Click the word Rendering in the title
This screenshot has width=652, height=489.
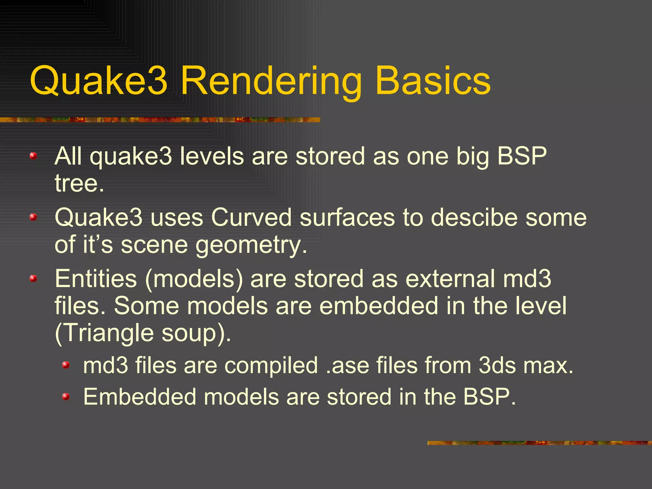(271, 81)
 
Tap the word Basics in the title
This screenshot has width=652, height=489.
(433, 81)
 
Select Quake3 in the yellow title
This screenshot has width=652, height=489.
(98, 81)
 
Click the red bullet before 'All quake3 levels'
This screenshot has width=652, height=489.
(33, 156)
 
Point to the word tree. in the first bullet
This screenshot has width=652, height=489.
(79, 184)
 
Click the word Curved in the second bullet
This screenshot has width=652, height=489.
(251, 218)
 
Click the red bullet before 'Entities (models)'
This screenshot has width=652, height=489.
(33, 279)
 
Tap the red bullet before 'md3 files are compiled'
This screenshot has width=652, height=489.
(66, 365)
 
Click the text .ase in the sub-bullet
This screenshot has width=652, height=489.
(347, 365)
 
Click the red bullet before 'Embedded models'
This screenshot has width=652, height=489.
(66, 397)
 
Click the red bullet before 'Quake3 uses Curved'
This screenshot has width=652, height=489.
(33, 217)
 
